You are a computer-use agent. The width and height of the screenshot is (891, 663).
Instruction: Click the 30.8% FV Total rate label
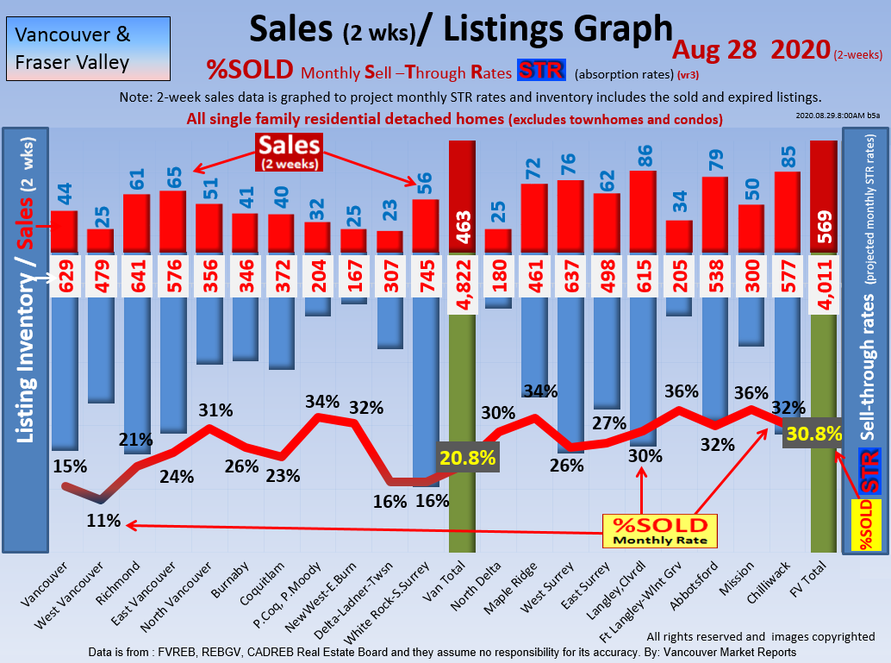(813, 435)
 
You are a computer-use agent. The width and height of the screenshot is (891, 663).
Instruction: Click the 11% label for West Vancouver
(103, 521)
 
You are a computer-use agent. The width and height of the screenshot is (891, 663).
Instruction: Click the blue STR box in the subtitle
(539, 69)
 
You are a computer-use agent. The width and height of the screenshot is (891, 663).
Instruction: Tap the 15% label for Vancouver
(69, 466)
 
